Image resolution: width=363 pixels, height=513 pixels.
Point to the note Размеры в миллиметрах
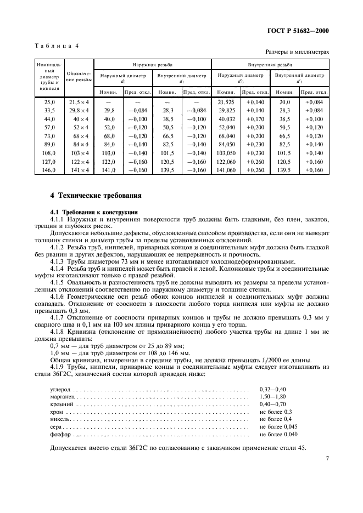point(297,53)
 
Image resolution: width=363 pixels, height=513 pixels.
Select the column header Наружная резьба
point(152,64)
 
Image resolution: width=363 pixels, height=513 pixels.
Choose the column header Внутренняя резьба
point(271,64)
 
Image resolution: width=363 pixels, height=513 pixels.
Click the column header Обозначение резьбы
point(79,78)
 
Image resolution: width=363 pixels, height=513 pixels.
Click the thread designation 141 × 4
point(79,170)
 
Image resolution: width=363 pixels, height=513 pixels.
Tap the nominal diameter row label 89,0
point(49,145)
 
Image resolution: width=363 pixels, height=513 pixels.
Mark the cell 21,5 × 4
point(79,102)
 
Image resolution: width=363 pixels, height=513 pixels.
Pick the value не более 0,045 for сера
point(279,427)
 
